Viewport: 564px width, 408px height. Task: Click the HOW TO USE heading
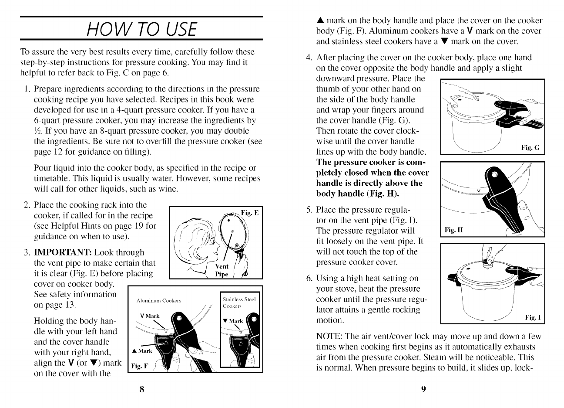coord(142,29)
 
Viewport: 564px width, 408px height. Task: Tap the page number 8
coord(142,389)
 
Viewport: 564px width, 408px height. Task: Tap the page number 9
coord(423,389)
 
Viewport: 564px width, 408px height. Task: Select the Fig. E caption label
coord(250,213)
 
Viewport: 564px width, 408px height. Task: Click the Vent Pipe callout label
coord(222,270)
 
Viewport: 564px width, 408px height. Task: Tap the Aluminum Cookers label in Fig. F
coord(159,301)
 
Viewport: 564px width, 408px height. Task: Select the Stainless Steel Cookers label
coord(239,303)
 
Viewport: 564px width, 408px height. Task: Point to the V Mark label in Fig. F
coord(150,316)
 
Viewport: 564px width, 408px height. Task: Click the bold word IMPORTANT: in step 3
coord(63,252)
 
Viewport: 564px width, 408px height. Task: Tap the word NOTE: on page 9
coord(329,337)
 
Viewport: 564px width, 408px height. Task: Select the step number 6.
coord(309,278)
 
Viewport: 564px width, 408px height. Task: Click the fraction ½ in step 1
coord(37,131)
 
